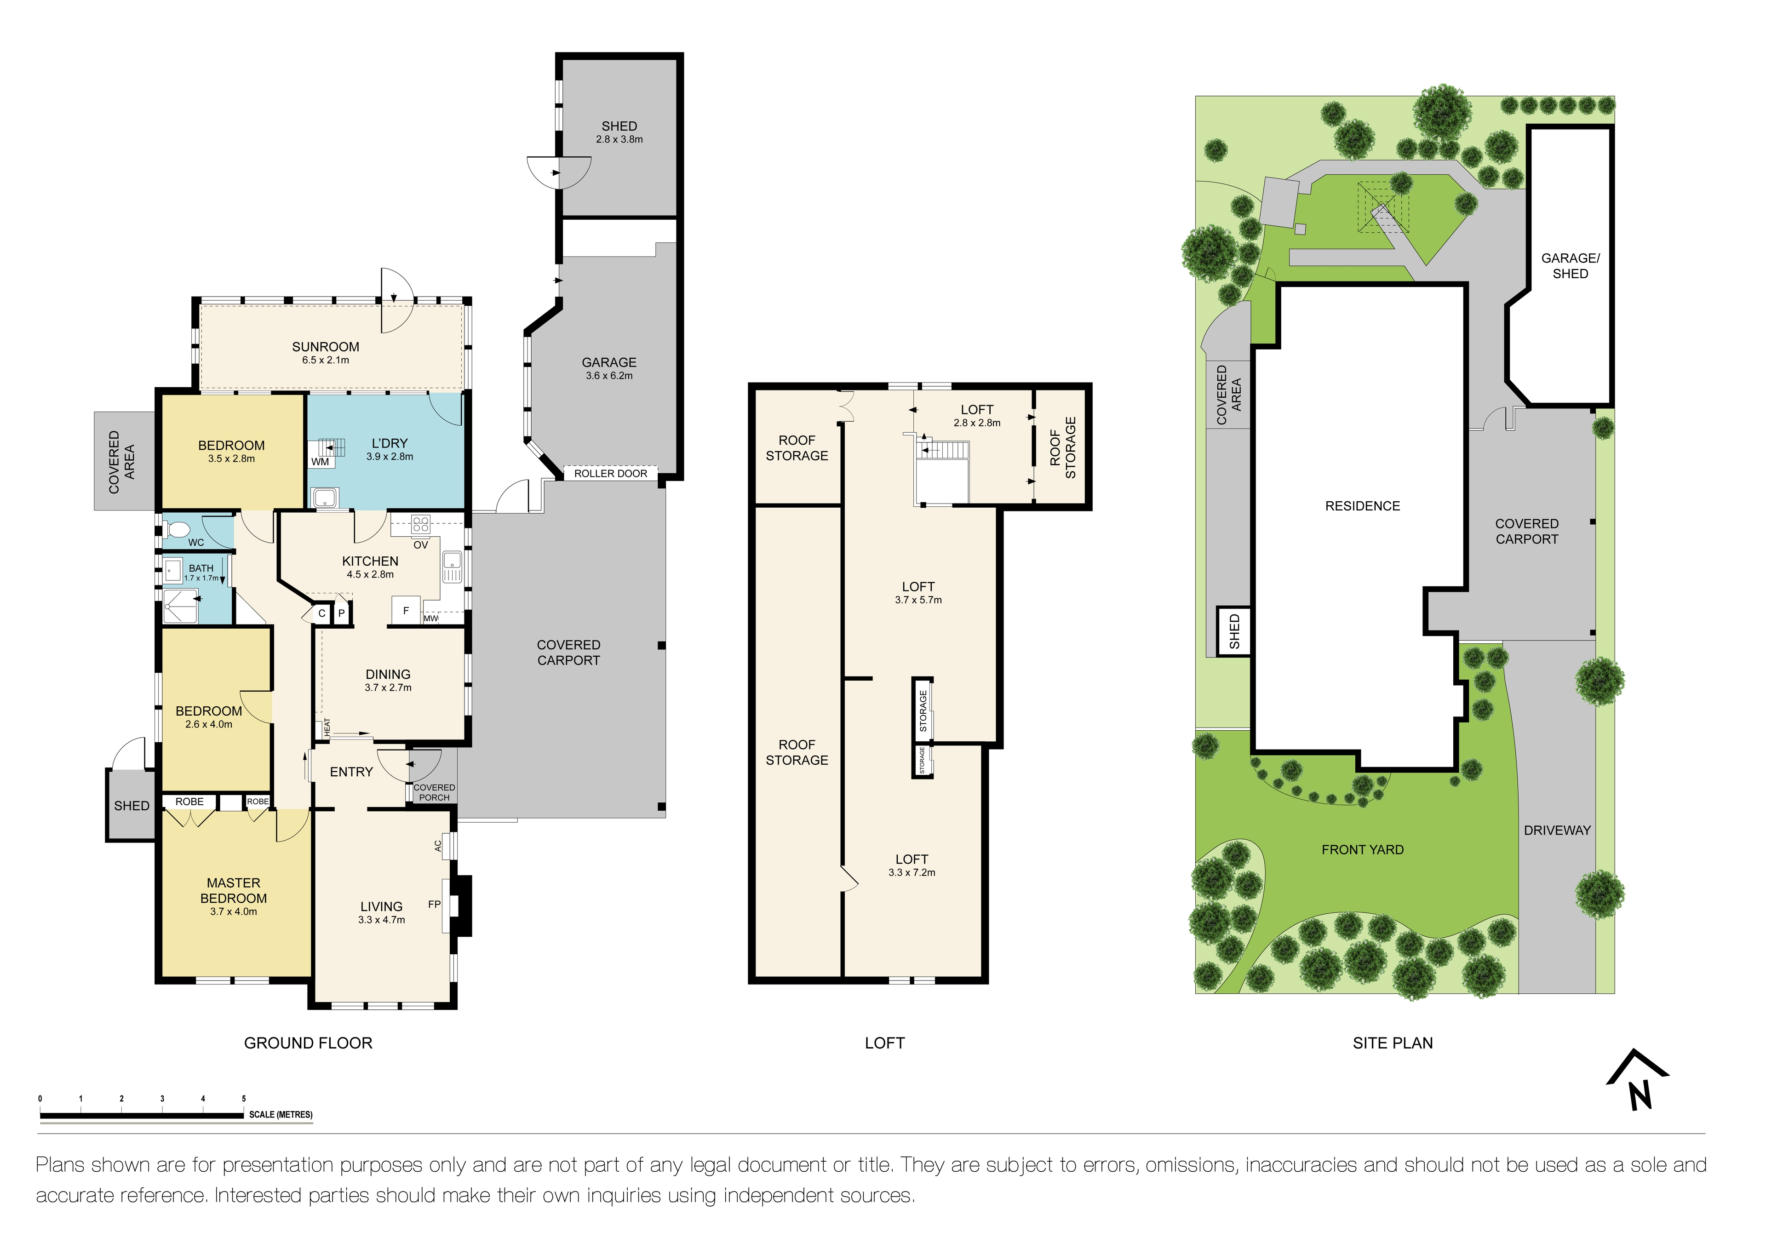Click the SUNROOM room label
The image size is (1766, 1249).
coord(325,347)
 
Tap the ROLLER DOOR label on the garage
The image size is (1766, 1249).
coord(611,474)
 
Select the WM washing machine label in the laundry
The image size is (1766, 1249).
coord(320,461)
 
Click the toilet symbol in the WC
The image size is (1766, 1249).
coord(178,529)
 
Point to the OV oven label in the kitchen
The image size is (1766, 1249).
coord(421,544)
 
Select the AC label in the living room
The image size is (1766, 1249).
coord(438,845)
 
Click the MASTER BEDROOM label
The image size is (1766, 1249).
coord(234,891)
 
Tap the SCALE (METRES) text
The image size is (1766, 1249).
coord(281,1114)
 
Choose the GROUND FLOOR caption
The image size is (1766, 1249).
coord(309,1043)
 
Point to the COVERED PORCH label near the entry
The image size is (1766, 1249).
coord(435,792)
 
